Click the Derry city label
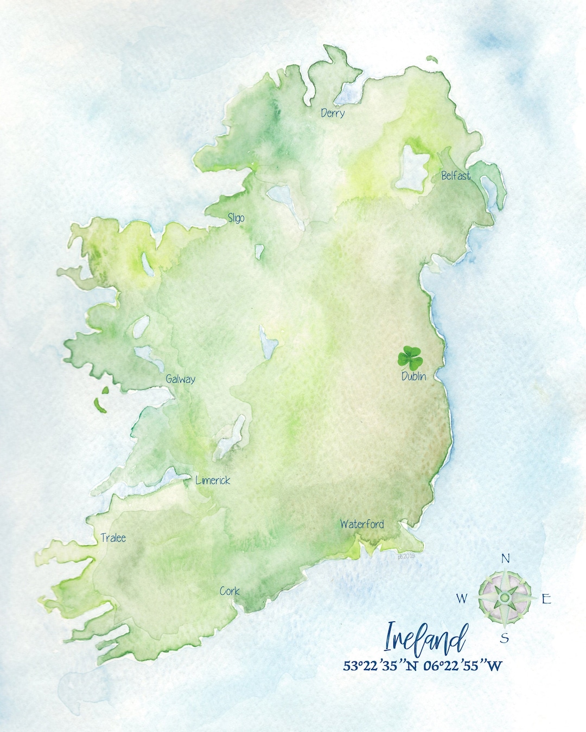[333, 113]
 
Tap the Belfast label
[456, 175]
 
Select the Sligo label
[236, 218]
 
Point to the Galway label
[181, 379]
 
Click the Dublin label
[413, 376]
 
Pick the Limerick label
[213, 480]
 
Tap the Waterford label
[362, 524]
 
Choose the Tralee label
[113, 538]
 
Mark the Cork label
[230, 591]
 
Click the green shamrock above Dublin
[410, 357]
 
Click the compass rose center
[505, 598]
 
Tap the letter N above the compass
[505, 558]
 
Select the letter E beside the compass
[546, 599]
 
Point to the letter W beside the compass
[461, 599]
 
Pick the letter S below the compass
[505, 638]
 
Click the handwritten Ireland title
[426, 638]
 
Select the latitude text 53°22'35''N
[380, 665]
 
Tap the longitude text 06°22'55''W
[463, 665]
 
